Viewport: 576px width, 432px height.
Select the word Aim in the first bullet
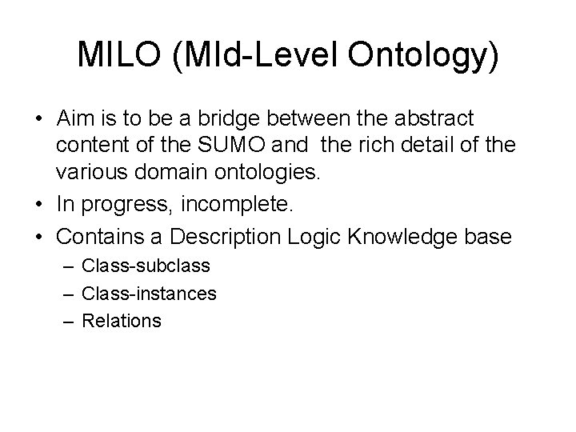[x=74, y=119]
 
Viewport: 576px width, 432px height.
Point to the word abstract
[x=434, y=119]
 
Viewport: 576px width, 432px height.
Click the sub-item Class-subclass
[x=146, y=266]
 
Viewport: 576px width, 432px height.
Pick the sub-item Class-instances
[x=149, y=294]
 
